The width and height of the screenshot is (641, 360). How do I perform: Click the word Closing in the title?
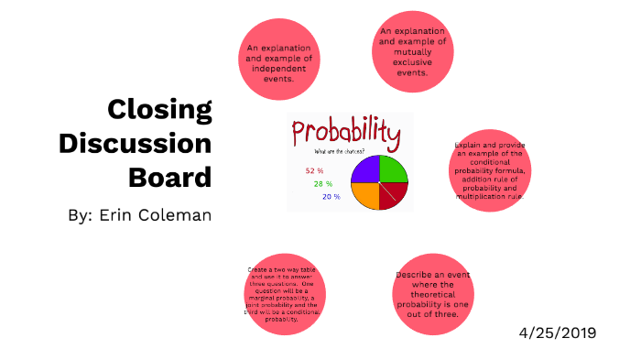(x=159, y=110)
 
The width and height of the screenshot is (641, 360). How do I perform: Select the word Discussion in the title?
(x=135, y=143)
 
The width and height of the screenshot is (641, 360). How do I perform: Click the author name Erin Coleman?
(x=140, y=216)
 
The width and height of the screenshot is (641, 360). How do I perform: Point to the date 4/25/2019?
(x=557, y=332)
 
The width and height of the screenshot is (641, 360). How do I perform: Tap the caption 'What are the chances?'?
(x=339, y=151)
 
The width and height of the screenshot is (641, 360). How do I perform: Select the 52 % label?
(x=315, y=170)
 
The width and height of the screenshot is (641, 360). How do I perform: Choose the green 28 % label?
(x=324, y=183)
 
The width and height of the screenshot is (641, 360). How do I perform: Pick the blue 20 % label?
(x=331, y=196)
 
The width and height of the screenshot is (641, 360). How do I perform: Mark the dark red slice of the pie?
(x=391, y=194)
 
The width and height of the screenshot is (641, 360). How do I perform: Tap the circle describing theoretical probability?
(x=432, y=294)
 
